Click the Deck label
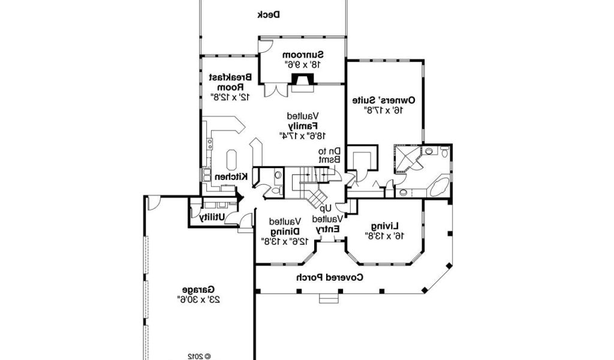point(269,15)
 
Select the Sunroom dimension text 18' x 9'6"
point(302,65)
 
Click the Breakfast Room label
point(230,82)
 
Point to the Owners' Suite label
point(383,100)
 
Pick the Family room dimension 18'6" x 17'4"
point(303,136)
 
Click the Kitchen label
point(231,176)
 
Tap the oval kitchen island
point(231,160)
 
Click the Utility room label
point(212,217)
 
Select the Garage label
point(198,290)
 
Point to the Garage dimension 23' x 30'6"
point(198,300)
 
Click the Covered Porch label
point(329,278)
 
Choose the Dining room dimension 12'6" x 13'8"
point(285,241)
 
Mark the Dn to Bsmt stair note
point(329,155)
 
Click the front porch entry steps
point(329,298)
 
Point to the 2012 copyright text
point(199,356)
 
